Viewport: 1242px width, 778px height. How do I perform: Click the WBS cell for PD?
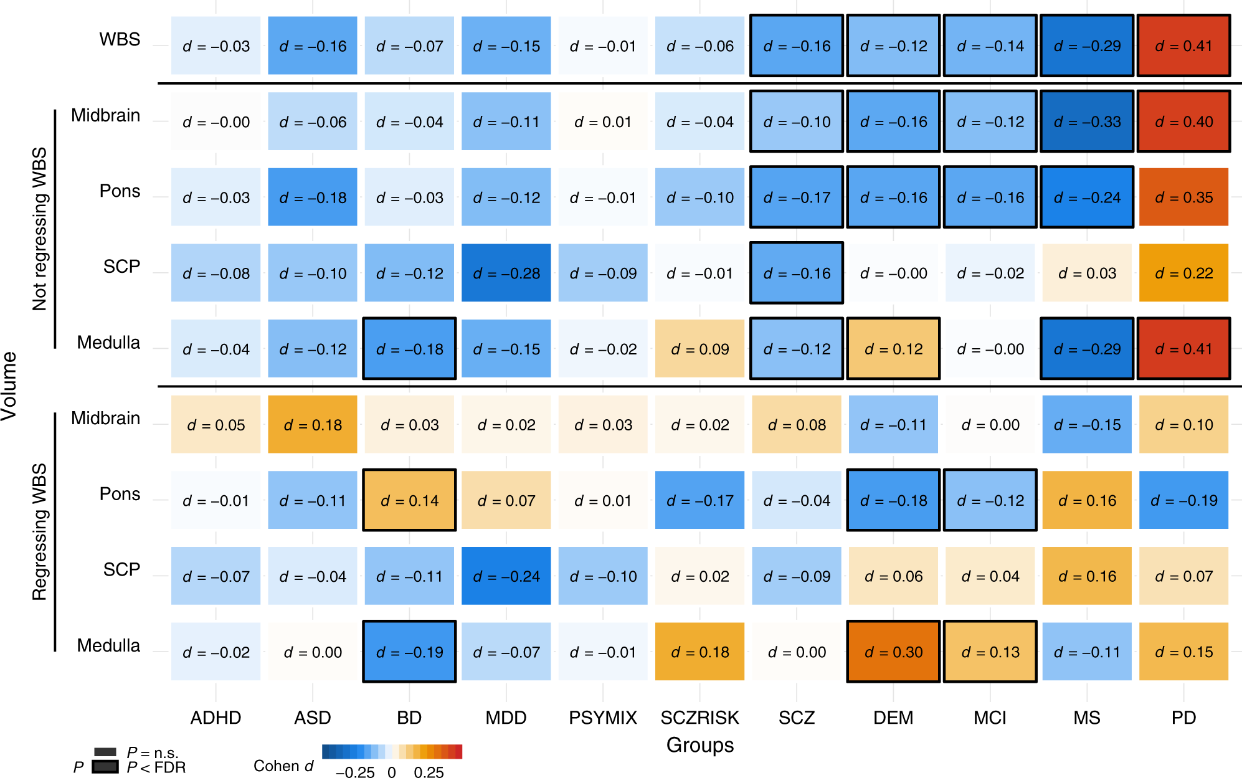coord(1183,45)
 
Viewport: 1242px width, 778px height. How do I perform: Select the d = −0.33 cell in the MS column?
coord(1087,121)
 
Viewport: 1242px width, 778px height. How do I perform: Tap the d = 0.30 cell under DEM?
coord(893,652)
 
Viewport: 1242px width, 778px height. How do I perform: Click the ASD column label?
coord(313,718)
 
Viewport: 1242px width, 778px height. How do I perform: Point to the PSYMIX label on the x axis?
coord(603,718)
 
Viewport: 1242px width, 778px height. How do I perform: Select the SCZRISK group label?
coord(699,718)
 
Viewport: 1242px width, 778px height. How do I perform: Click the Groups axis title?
coord(699,745)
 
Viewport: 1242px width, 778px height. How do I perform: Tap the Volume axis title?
coord(9,386)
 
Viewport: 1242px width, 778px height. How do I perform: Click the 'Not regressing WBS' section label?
coord(39,229)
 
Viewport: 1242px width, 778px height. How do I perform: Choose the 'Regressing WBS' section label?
coord(39,531)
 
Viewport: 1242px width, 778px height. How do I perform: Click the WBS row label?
coord(120,39)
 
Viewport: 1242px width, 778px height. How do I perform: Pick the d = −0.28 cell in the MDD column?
coord(506,273)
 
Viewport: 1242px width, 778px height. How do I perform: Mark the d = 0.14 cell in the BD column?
coord(409,500)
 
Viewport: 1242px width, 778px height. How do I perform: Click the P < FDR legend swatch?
coord(105,767)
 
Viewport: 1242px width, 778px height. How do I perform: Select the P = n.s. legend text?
coord(153,752)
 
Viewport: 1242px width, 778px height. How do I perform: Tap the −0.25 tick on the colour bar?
coord(355,772)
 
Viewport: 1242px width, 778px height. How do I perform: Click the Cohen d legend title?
coord(283,766)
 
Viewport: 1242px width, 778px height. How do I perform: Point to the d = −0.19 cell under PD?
coord(1183,500)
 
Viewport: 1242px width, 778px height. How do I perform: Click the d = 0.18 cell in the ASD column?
coord(313,425)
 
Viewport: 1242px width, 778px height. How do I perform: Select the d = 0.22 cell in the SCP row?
coord(1183,273)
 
